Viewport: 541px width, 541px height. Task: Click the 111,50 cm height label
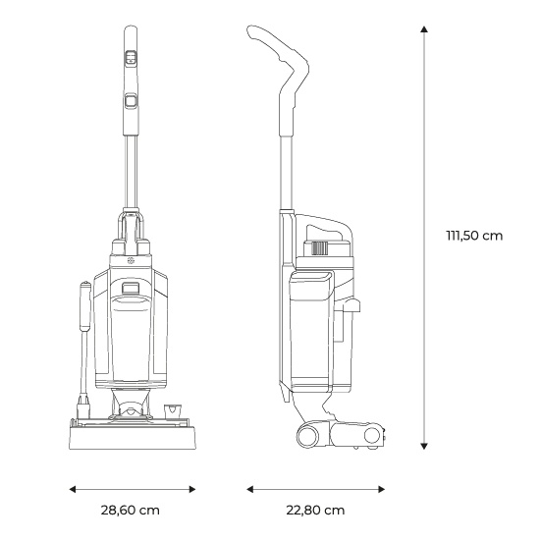tap(474, 236)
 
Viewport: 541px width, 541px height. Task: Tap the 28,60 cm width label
tap(130, 510)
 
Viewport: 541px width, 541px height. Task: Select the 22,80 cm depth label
tap(315, 510)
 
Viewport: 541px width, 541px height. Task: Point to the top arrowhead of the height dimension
tap(424, 29)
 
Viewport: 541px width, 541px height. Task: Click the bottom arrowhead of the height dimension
tap(424, 446)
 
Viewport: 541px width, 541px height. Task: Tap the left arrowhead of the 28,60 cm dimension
tap(73, 489)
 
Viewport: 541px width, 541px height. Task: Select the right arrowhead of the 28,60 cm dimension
tap(192, 489)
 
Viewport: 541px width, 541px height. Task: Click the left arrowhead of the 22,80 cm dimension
tap(249, 489)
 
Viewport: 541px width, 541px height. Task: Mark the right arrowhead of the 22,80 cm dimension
tap(381, 489)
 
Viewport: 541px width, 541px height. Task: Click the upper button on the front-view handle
tap(131, 57)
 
